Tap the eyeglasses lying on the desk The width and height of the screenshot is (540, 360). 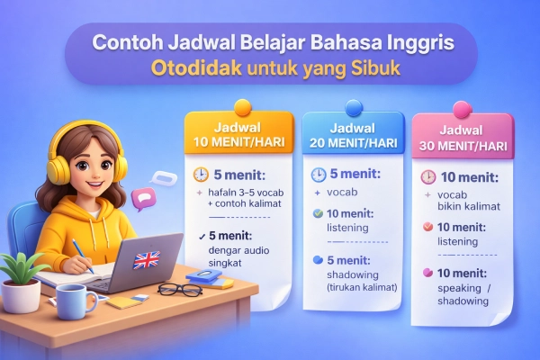pyautogui.click(x=179, y=290)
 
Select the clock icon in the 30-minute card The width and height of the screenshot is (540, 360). pyautogui.click(x=428, y=177)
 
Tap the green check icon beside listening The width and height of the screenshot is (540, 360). pyautogui.click(x=317, y=214)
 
